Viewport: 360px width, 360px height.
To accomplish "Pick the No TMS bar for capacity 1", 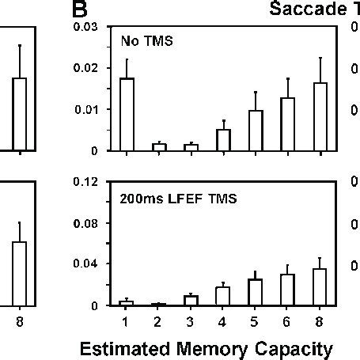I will coord(127,114).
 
